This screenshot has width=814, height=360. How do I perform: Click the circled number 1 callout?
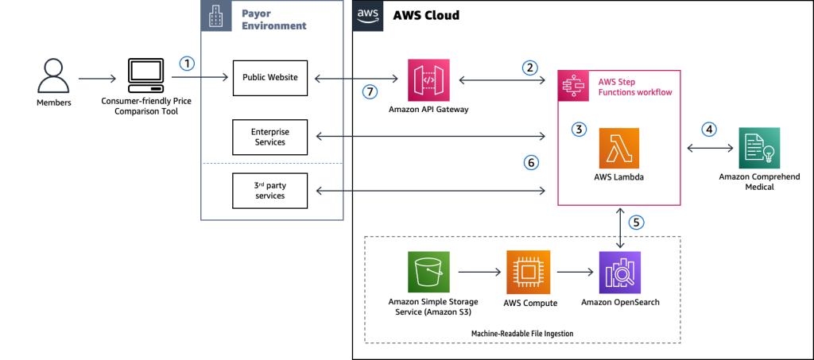point(186,63)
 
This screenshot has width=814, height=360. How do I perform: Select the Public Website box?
point(270,78)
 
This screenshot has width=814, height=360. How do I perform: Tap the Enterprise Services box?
point(270,137)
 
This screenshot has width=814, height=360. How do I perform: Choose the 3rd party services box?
point(270,190)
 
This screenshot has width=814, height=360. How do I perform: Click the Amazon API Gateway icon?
point(430,79)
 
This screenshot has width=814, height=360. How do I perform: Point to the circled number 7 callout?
point(370,91)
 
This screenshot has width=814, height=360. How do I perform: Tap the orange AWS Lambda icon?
point(619,148)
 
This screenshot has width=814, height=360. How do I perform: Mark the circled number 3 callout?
point(579,129)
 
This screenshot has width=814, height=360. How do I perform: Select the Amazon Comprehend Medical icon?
point(759,147)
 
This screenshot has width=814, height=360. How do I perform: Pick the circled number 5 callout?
point(636,222)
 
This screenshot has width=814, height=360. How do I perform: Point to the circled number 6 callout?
point(531,163)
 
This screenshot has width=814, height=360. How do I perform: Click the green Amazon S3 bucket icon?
point(428,273)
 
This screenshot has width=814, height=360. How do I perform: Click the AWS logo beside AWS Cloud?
point(367,16)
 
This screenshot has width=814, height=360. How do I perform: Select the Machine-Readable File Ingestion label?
point(522,332)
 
